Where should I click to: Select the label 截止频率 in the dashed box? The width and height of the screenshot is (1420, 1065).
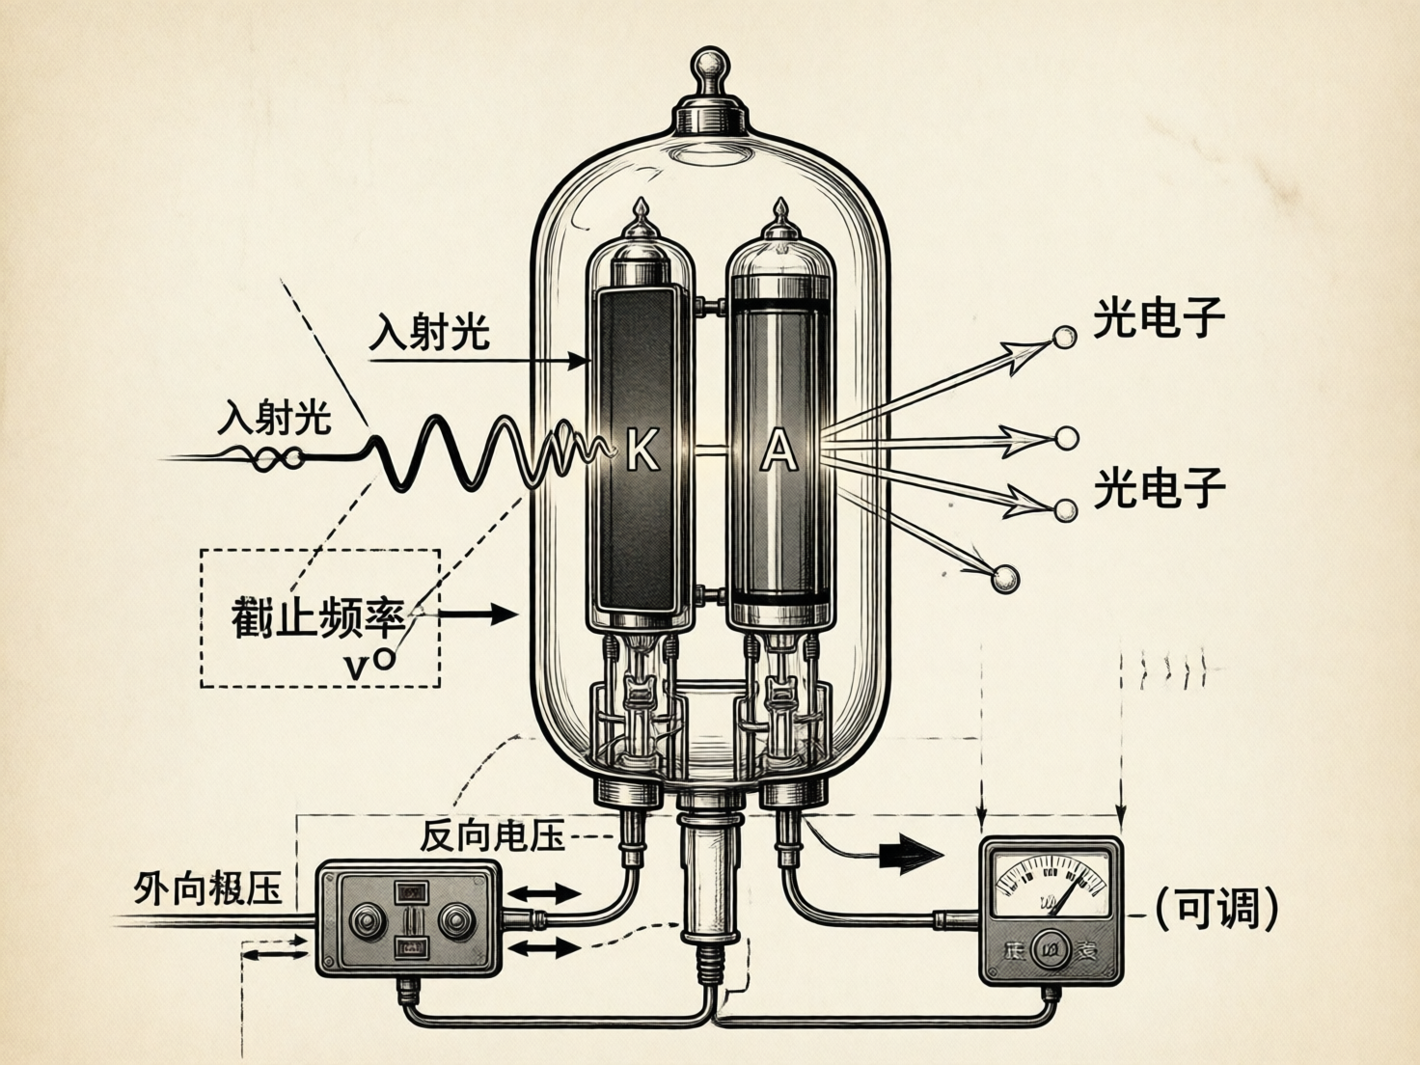[x=317, y=616]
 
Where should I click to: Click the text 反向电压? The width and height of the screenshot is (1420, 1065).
[x=492, y=834]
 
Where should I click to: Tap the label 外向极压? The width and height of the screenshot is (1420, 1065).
[x=207, y=888]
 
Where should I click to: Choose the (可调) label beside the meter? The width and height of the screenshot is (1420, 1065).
[x=1217, y=908]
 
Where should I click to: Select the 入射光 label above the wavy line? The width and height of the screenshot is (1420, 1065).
[x=275, y=418]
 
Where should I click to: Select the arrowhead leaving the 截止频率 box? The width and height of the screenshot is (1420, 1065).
[x=504, y=613]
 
